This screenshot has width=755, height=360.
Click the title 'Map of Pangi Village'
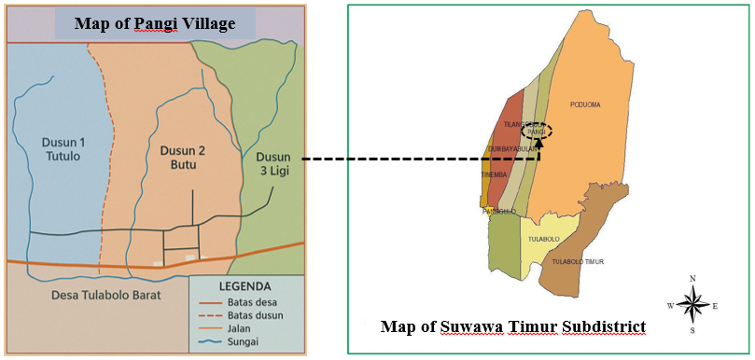tap(154, 22)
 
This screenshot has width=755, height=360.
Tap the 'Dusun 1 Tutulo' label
tap(63, 149)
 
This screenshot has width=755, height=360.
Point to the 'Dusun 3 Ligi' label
tap(273, 165)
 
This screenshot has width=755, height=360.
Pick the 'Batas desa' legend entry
tap(250, 302)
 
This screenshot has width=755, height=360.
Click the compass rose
tap(692, 304)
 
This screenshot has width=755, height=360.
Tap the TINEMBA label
tap(493, 173)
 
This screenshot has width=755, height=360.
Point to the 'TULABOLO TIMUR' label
tap(578, 262)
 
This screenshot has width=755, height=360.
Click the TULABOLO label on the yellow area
tap(543, 239)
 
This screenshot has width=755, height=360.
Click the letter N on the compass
tap(692, 279)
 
